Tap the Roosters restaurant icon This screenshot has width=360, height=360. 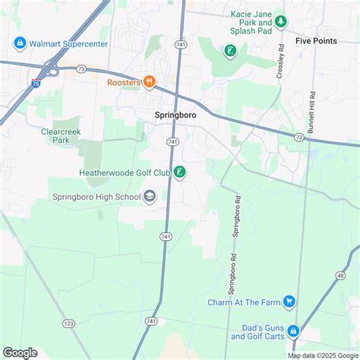150,81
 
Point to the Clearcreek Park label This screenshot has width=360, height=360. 61,135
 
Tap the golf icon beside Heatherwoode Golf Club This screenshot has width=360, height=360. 178,172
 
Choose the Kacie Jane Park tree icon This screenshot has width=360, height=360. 281,21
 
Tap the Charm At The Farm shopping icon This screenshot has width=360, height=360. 289,302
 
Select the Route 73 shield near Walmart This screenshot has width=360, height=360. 81,69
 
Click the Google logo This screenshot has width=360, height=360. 21,352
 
